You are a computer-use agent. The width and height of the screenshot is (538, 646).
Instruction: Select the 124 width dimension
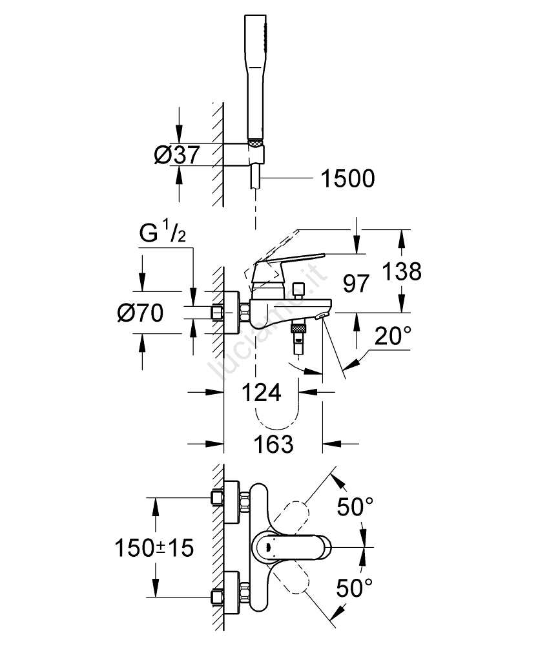(262, 392)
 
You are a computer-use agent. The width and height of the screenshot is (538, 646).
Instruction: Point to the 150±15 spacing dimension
(154, 548)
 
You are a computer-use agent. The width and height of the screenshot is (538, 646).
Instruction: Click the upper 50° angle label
(355, 508)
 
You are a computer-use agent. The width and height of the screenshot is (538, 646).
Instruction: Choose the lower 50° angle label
(355, 587)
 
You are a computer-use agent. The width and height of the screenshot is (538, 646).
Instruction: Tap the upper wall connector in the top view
(223, 499)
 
